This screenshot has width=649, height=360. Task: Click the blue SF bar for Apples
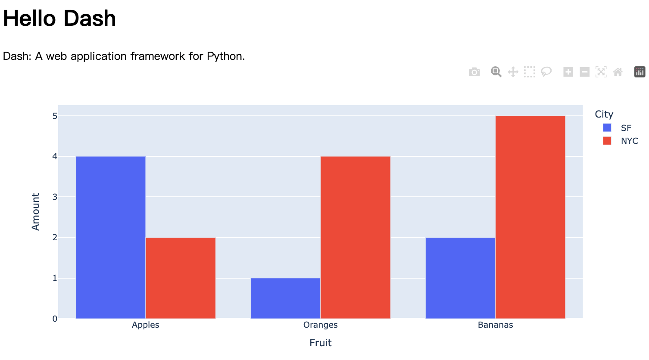click(x=110, y=237)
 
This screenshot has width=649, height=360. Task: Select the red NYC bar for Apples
click(x=181, y=278)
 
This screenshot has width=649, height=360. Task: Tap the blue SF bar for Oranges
click(x=285, y=298)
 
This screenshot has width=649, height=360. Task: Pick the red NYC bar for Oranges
click(x=355, y=237)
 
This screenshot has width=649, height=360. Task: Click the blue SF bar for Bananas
click(x=460, y=278)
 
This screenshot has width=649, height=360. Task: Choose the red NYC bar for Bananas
click(x=530, y=217)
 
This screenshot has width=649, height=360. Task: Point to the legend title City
click(x=604, y=114)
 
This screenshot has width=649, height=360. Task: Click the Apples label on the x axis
click(x=146, y=325)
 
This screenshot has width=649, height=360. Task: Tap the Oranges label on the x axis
click(x=320, y=325)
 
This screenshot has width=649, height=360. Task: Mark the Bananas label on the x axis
click(x=495, y=325)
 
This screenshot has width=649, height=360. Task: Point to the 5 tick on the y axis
click(x=55, y=116)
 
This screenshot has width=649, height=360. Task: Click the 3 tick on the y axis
click(x=55, y=197)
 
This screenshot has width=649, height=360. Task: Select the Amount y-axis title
click(x=36, y=211)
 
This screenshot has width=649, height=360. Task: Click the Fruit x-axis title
click(x=320, y=343)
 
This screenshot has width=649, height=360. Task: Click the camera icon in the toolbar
click(x=474, y=72)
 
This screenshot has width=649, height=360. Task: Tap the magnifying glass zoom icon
click(x=496, y=72)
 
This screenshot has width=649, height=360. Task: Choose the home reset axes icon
click(x=618, y=72)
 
